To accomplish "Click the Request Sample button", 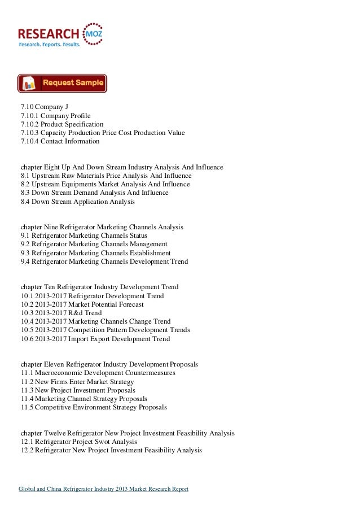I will click(x=62, y=83).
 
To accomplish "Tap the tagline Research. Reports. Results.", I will click(x=50, y=43).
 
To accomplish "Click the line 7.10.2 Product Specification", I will click(x=62, y=124).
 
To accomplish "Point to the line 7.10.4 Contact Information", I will click(x=60, y=141).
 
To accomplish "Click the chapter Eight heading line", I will click(x=122, y=167).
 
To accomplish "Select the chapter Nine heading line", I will click(x=102, y=227).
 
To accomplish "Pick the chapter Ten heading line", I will click(x=99, y=287).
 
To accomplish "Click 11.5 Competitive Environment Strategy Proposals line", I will click(x=94, y=407).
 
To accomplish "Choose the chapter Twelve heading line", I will click(x=128, y=433).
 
